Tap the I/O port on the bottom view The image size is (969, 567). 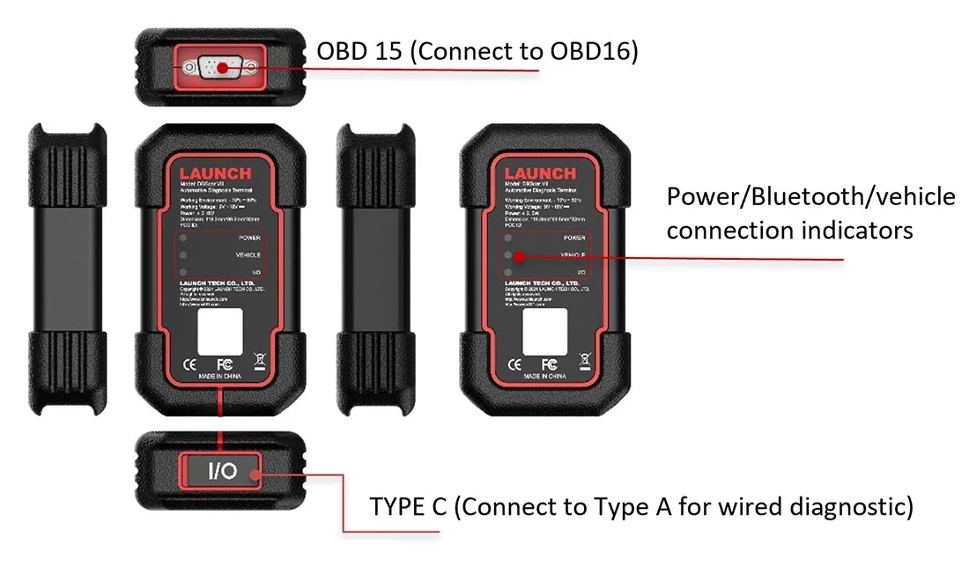click(x=221, y=471)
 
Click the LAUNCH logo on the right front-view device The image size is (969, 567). click(x=540, y=173)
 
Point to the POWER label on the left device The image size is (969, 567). click(x=249, y=238)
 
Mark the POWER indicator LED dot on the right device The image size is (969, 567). click(x=508, y=238)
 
